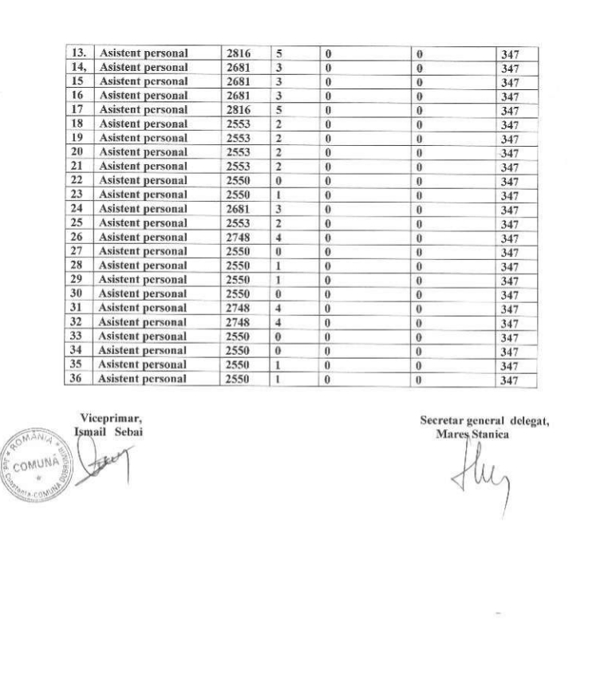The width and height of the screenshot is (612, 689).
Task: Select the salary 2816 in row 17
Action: tap(239, 109)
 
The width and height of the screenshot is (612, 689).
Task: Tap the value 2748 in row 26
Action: tap(239, 237)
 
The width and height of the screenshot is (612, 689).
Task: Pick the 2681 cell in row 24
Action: tap(239, 209)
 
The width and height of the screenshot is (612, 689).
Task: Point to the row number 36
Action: tap(78, 379)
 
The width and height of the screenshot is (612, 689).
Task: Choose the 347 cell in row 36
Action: tap(509, 380)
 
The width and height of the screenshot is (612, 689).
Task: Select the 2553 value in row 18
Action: tap(239, 124)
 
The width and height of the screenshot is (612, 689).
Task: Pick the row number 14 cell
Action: tap(79, 67)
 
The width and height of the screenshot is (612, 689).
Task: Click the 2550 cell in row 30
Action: tap(239, 293)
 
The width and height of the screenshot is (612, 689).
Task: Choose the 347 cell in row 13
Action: tap(509, 54)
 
